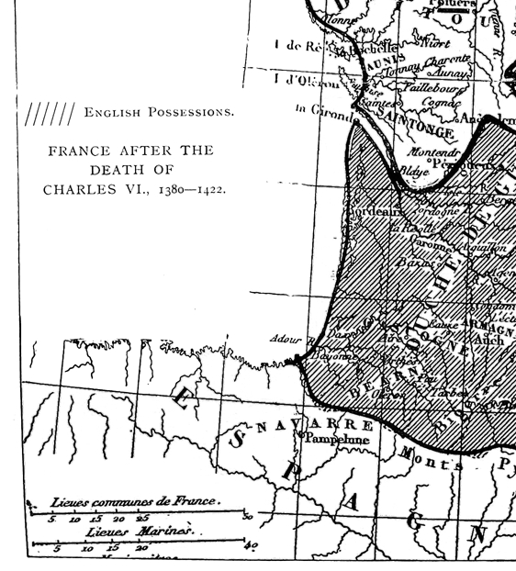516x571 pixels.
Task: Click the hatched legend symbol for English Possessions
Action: (50, 114)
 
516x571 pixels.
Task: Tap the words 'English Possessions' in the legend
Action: (159, 113)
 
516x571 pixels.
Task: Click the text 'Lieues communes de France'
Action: (135, 501)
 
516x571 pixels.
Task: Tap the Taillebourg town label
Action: (437, 89)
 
